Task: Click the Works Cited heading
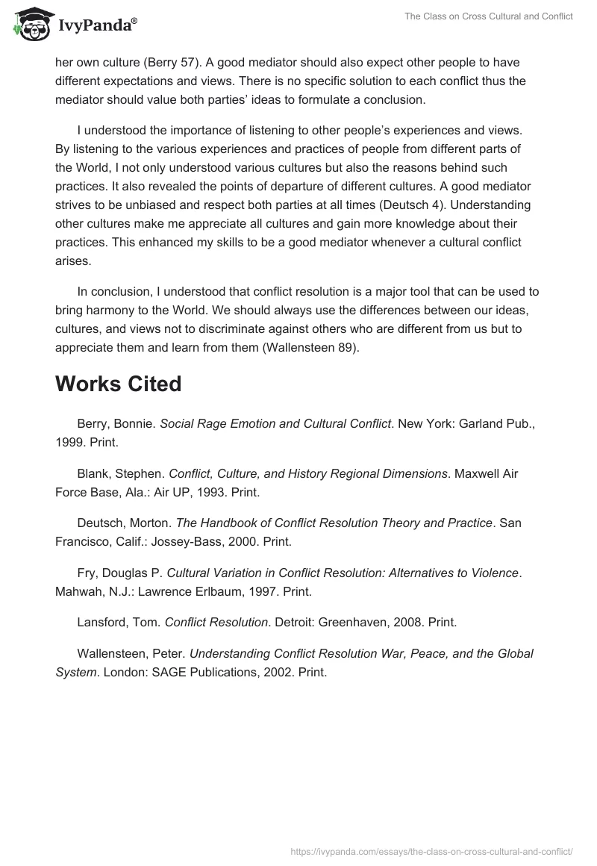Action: (x=118, y=384)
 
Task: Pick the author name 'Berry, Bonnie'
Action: (x=116, y=423)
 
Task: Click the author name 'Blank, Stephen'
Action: (x=119, y=473)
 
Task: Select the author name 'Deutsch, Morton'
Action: (x=124, y=523)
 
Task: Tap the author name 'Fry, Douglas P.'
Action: (x=119, y=573)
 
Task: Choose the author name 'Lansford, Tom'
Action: (x=117, y=622)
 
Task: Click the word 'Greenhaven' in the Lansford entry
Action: (x=354, y=622)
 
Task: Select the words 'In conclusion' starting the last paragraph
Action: (x=112, y=291)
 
